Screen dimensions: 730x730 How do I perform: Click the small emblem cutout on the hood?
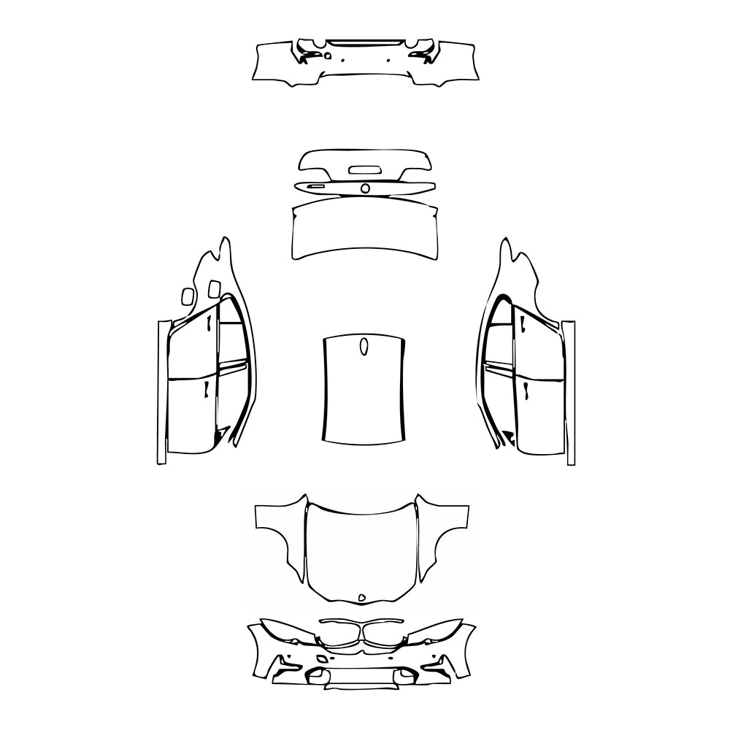361,598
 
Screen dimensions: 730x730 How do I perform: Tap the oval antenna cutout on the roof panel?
364,347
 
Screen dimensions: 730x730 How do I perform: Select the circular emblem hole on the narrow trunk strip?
365,188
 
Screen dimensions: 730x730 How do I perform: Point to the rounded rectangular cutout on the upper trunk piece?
364,170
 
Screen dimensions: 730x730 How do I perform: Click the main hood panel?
361,547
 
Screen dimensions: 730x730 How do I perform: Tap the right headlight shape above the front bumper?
438,632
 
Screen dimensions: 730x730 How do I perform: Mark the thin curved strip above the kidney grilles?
361,621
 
